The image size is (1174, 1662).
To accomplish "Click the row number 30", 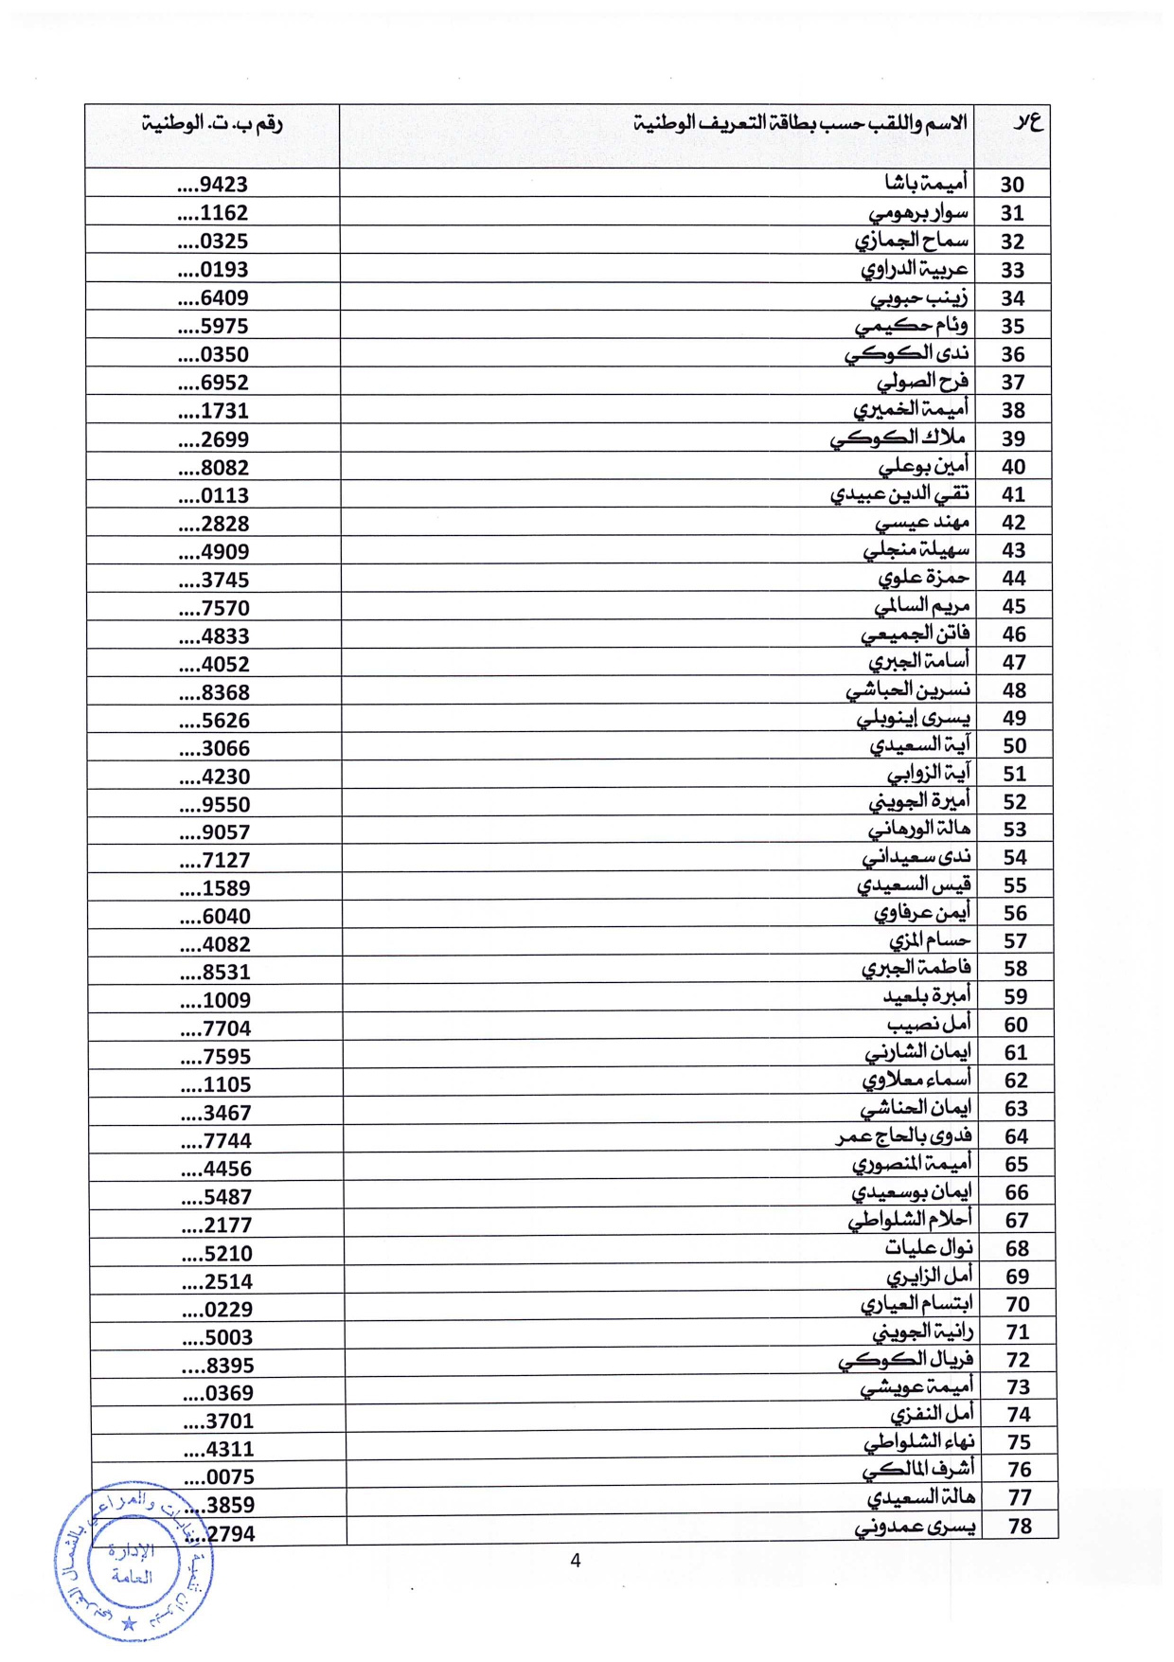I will pos(1012,185).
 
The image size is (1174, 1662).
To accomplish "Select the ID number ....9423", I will pos(213,185).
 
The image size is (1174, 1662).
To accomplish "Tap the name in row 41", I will pos(899,494).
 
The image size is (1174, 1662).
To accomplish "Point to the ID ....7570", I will pos(215,608).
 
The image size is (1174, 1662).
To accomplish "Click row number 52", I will pos(1014,802).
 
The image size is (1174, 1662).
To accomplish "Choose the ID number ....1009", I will pos(216,1000).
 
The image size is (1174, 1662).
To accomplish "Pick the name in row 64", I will pos(904,1135).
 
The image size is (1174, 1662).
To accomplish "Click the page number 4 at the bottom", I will pos(576,1561).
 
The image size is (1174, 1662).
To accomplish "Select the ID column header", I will pos(213,123).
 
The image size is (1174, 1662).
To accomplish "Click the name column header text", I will pos(801,123).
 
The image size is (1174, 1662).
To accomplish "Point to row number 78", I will pos(1020,1526).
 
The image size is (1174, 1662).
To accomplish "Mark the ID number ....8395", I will pos(218,1366).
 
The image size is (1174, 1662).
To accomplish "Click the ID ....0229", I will pos(218,1310).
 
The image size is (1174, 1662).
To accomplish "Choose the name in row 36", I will pos(907,354).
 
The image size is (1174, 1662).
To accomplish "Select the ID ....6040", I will pos(216,917).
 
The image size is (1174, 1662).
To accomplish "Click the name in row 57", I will pos(930,940).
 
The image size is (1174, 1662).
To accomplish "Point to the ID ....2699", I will pos(214,439).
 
